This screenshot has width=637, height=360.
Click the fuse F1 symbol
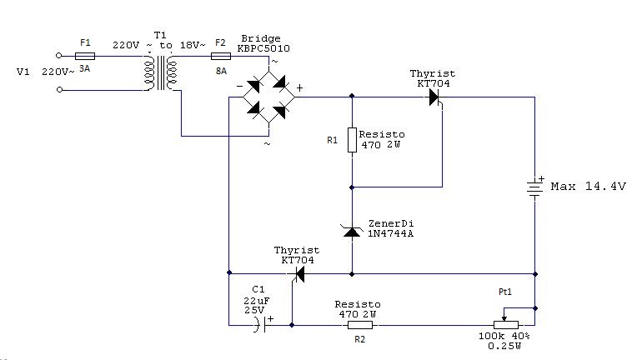click(x=85, y=57)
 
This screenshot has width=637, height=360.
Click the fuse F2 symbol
click(x=221, y=57)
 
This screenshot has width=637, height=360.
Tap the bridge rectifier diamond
click(x=266, y=97)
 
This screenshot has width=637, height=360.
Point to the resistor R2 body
click(x=357, y=325)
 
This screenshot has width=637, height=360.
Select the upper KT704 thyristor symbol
click(x=434, y=97)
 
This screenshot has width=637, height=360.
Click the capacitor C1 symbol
click(x=264, y=325)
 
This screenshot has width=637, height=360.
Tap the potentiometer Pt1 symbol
click(x=507, y=325)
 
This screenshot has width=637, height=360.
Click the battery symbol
click(x=534, y=187)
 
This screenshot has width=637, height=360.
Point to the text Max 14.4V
click(x=588, y=187)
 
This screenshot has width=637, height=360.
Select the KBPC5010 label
click(x=265, y=48)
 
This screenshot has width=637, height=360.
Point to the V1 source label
click(x=23, y=72)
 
